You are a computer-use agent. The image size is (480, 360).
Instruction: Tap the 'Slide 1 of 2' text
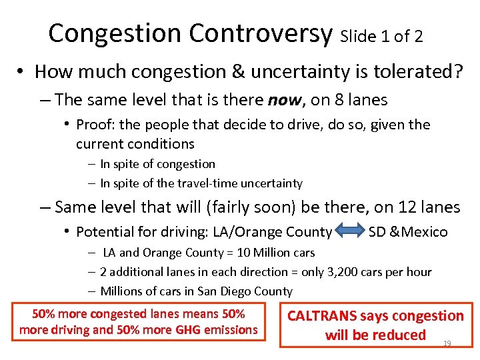[x=381, y=37]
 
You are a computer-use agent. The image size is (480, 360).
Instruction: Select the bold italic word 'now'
[x=282, y=101]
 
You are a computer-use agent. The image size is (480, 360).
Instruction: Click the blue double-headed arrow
[x=350, y=232]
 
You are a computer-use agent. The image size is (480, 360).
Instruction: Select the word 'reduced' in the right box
[x=401, y=335]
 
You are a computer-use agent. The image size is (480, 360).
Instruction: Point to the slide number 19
[x=447, y=343]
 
